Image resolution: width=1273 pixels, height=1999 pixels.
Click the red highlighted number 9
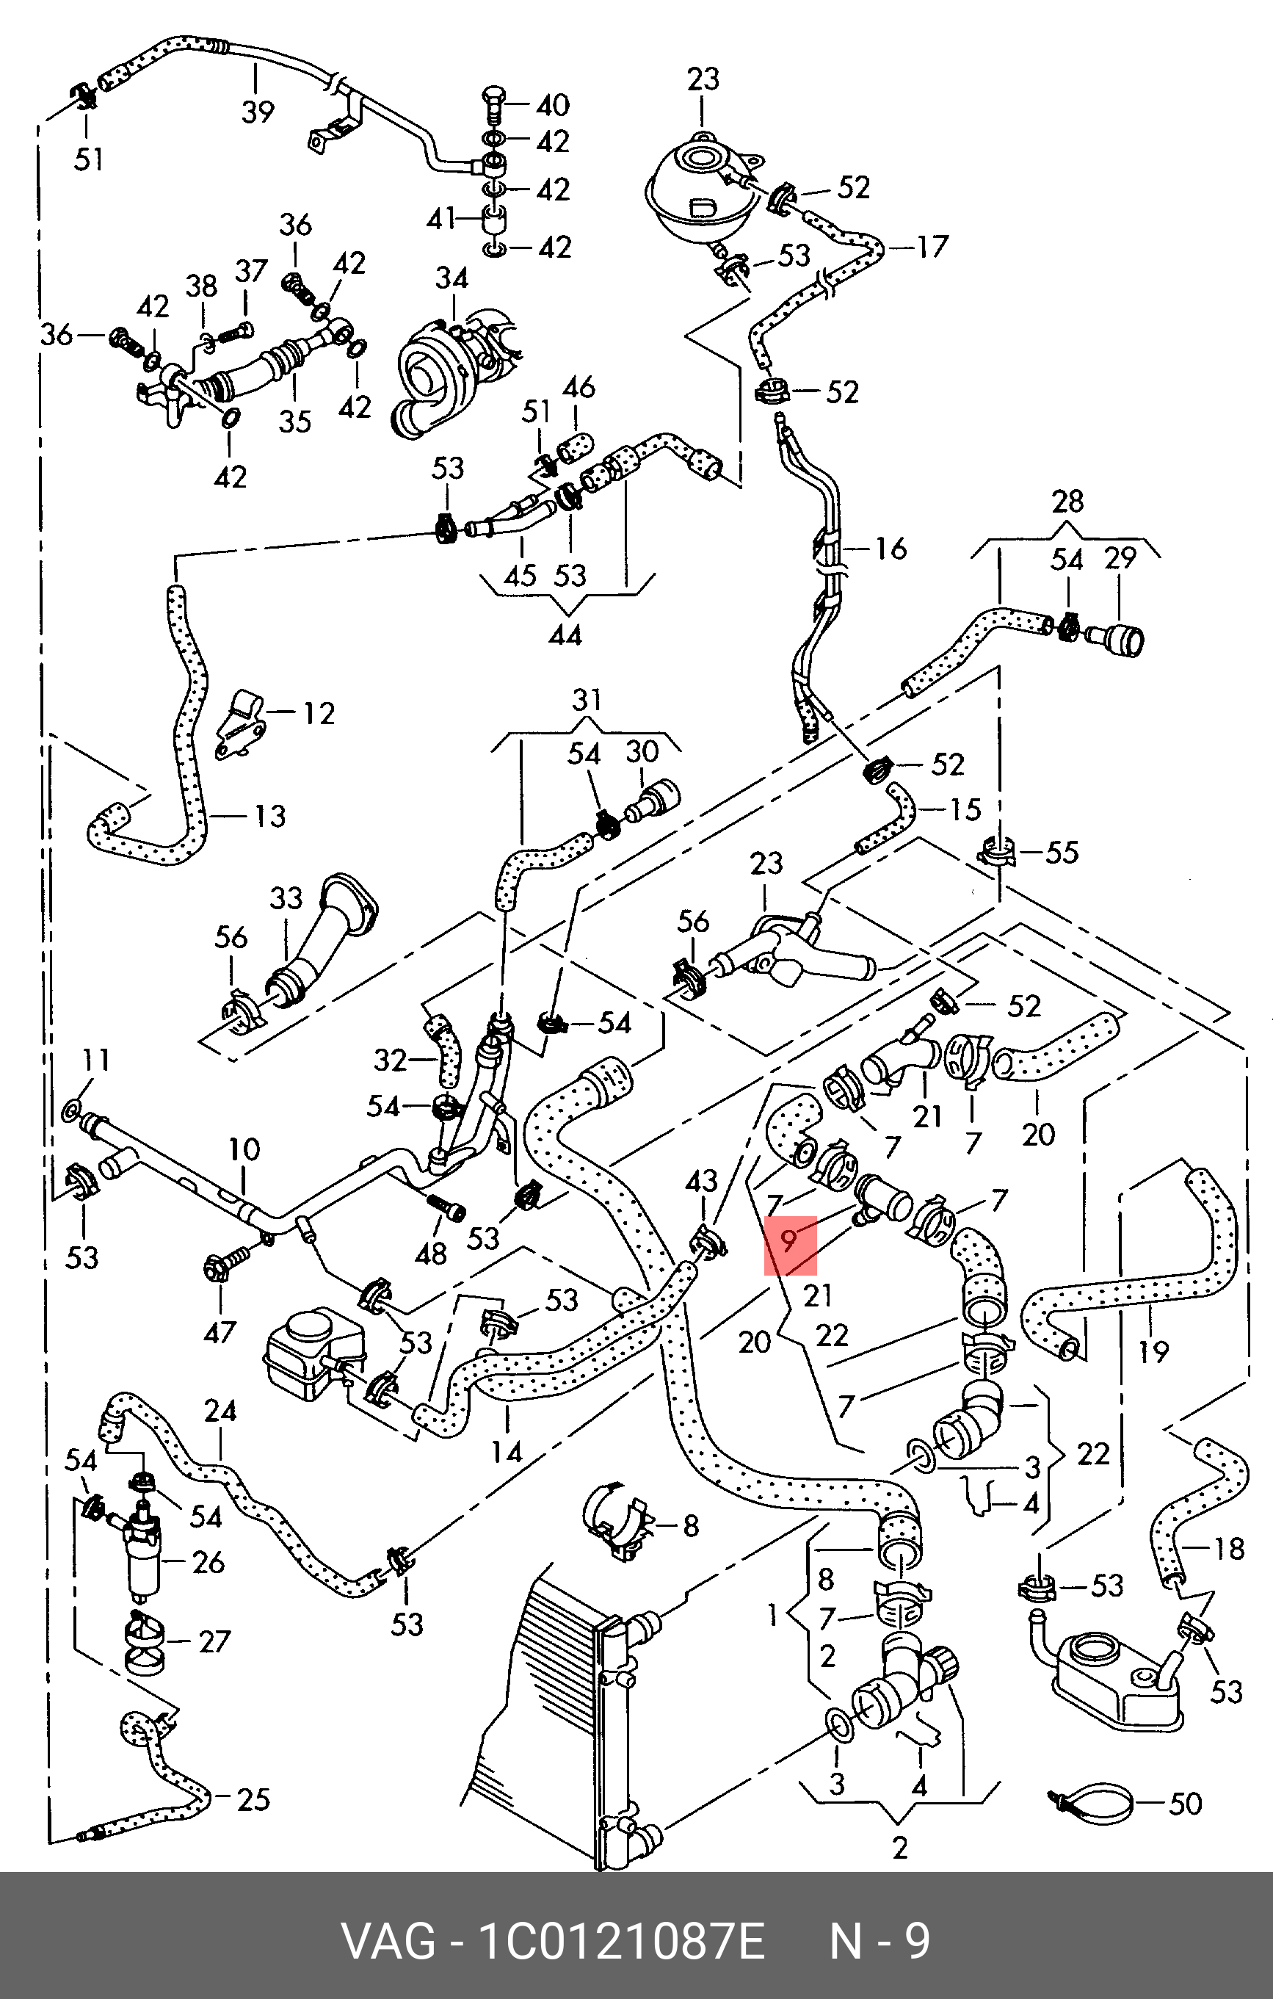coord(789,1241)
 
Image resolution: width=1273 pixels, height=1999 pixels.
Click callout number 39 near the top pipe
coord(257,111)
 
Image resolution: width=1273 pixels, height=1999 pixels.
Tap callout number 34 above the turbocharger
coord(451,279)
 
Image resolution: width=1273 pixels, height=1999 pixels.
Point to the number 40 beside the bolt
coord(553,106)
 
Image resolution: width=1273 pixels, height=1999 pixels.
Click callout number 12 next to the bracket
coord(319,713)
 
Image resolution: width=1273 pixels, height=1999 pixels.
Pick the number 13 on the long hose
coord(269,816)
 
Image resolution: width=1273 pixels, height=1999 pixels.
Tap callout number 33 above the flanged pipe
coord(286,898)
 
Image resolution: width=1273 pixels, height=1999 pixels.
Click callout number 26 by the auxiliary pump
coord(208,1562)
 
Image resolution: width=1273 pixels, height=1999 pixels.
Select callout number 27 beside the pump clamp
coord(214,1642)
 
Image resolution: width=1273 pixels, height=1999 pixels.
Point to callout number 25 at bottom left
coord(253,1800)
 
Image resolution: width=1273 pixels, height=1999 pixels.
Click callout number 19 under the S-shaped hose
coord(1153,1351)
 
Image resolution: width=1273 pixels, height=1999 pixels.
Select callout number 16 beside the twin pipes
coord(891,549)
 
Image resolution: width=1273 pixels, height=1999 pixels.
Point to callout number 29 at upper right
coord(1120,559)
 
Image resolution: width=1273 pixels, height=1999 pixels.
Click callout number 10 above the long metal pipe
coord(244,1150)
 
